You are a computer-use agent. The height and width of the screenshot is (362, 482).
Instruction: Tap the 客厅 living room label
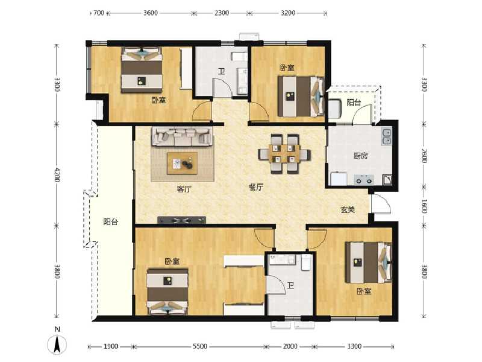tap(184, 188)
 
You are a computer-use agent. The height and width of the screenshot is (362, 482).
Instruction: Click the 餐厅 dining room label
tap(256, 188)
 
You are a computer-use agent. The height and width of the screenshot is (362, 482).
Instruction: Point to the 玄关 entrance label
tap(348, 210)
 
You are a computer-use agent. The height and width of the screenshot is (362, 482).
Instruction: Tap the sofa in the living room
tap(181, 136)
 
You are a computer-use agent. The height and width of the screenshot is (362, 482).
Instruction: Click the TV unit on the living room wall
tap(181, 220)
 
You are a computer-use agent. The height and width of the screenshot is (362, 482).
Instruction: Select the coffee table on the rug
tap(182, 162)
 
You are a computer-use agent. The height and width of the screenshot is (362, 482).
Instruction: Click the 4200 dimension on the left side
tap(57, 175)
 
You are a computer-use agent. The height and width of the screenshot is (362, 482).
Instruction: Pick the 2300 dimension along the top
tap(221, 13)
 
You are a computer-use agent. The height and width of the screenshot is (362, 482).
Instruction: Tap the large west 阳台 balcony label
tap(110, 221)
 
